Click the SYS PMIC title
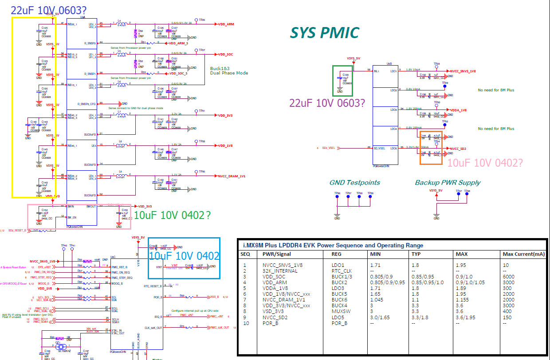tap(324, 33)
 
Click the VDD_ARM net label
tap(226, 24)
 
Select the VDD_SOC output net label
tap(226, 55)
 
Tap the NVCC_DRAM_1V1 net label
tap(232, 176)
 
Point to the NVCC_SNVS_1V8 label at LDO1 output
tap(463, 71)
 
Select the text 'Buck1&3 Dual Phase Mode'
tap(229, 70)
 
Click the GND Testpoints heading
tap(354, 183)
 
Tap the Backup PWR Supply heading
tap(448, 183)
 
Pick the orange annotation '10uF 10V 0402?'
tap(485, 163)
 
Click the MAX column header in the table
tap(462, 254)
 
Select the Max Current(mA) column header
tap(522, 254)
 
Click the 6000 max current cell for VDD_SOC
tap(508, 276)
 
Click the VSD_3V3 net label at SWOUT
tap(145, 206)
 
